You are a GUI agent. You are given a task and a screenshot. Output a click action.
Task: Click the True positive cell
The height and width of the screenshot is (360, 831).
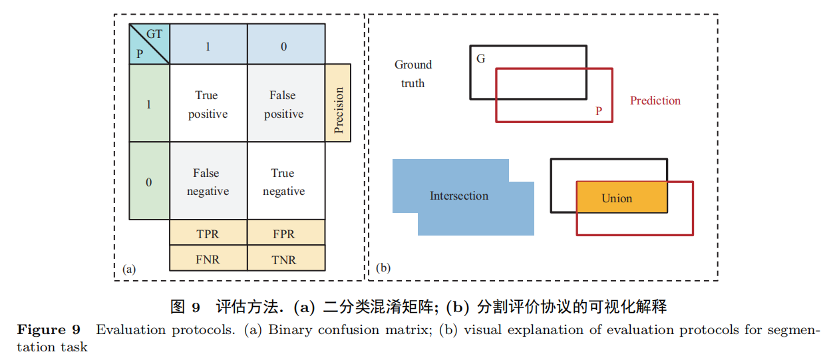coord(208,104)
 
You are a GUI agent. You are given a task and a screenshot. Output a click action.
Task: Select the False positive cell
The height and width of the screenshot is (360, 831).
coord(285,104)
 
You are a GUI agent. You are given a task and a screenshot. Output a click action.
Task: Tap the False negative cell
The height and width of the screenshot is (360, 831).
coord(208,181)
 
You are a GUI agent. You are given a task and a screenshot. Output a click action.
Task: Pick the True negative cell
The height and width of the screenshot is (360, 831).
coord(285,181)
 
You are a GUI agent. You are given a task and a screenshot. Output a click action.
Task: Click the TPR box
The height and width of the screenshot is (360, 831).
coord(208,234)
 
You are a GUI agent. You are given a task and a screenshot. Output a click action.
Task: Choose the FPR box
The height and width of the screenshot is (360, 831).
coord(285,234)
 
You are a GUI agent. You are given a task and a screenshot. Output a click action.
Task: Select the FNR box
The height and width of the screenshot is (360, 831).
coord(208,259)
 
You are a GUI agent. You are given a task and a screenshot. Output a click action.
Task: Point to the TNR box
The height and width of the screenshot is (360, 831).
coord(285,259)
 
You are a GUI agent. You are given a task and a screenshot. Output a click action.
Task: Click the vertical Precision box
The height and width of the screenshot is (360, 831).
coord(338,103)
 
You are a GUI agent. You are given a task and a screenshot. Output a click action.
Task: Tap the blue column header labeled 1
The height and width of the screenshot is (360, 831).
coord(208,46)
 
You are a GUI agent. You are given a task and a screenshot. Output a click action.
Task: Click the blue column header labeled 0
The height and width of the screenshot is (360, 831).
coord(285,46)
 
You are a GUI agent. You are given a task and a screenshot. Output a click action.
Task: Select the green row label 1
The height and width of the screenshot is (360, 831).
coord(148,104)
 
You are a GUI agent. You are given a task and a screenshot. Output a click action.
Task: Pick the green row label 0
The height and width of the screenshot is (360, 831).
coord(148,181)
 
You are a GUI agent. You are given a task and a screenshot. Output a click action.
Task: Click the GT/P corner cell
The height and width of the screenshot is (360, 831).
coord(148,44)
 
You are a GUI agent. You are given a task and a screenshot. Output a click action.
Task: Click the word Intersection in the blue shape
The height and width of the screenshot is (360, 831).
coord(459,196)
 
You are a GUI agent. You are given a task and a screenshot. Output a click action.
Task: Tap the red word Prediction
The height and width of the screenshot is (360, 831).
coord(655,100)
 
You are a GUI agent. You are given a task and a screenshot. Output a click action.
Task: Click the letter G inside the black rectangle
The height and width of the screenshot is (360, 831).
coord(481,59)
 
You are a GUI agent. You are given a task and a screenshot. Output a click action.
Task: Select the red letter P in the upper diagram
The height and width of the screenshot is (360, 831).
coord(599,111)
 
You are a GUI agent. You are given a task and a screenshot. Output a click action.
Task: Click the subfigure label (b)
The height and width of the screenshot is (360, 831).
coord(383,268)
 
